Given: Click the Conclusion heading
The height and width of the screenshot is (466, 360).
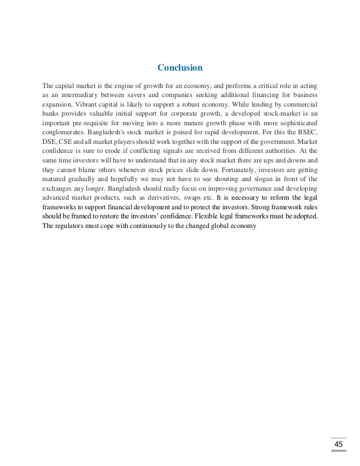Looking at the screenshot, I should (x=180, y=68).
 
